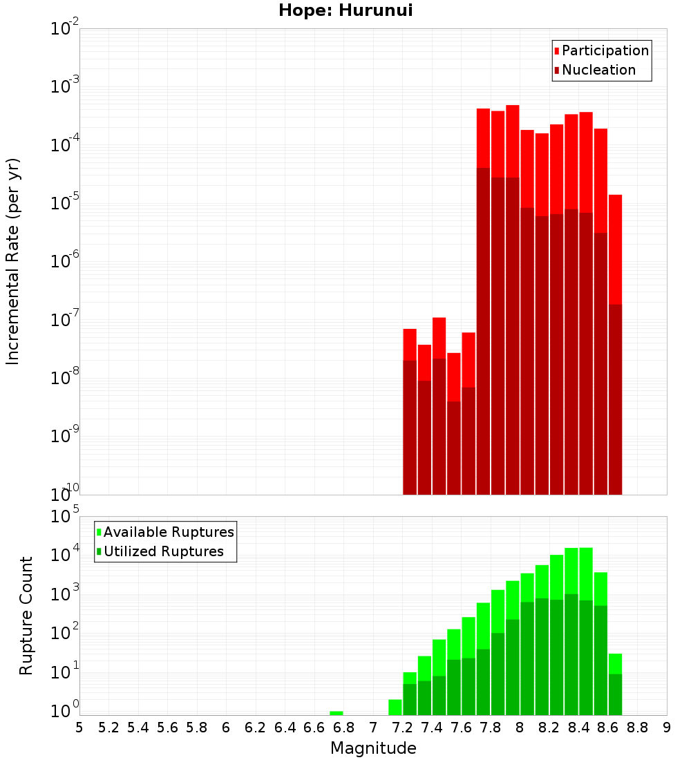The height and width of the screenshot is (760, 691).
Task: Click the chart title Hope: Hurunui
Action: [345, 11]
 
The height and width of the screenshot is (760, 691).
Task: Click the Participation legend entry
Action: [605, 50]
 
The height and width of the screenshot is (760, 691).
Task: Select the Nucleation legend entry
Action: [598, 70]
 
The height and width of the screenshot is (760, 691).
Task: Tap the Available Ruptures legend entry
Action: [169, 532]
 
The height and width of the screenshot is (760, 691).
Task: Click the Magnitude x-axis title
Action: [373, 748]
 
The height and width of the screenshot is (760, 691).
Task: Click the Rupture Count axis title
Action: [26, 616]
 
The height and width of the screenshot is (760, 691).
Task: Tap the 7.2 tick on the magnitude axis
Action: [403, 728]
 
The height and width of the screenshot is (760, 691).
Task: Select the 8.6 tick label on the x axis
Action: [608, 728]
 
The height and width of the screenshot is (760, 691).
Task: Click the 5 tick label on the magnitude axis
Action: [79, 728]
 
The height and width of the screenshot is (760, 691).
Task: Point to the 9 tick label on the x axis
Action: [667, 728]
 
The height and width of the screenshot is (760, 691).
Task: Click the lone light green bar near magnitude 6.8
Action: [337, 713]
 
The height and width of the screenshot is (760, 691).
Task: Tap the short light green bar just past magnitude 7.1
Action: [395, 707]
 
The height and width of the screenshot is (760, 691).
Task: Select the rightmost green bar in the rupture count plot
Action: [615, 684]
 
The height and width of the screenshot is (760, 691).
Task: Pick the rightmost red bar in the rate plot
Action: [615, 345]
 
